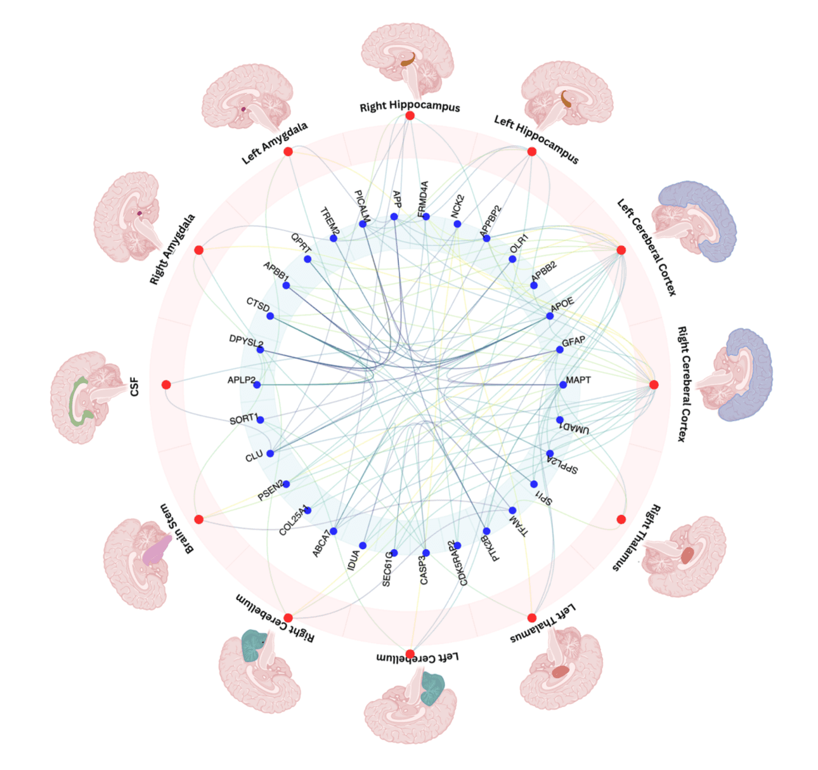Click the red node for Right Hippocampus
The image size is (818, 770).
(x=410, y=115)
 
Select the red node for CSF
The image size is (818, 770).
(x=166, y=385)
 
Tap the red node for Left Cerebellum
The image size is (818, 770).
(x=410, y=654)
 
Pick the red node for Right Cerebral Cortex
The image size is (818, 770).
(x=654, y=385)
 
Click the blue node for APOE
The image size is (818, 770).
(x=550, y=316)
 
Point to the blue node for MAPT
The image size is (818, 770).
(x=563, y=385)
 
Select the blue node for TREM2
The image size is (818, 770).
(x=334, y=238)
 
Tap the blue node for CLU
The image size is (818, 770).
(x=270, y=454)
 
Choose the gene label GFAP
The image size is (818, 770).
(x=573, y=342)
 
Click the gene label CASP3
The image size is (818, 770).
(x=424, y=570)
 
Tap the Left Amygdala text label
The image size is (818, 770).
(x=275, y=143)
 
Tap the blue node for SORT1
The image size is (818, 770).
(x=261, y=420)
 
